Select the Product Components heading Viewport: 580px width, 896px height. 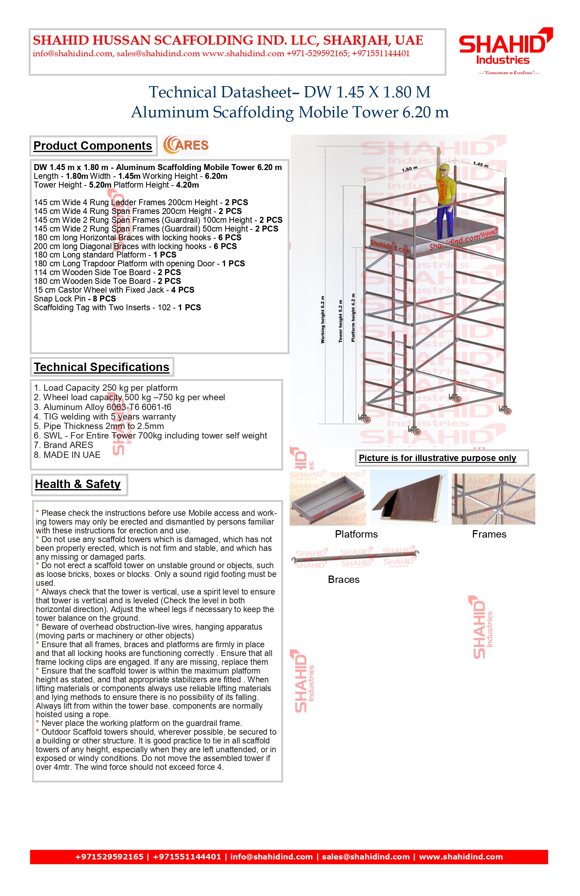(x=93, y=146)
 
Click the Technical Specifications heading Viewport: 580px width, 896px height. (x=102, y=367)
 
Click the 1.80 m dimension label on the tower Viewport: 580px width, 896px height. (x=410, y=169)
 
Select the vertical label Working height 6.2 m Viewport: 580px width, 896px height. (x=322, y=320)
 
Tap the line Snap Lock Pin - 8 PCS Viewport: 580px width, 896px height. (x=75, y=299)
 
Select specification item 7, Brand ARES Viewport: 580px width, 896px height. (x=63, y=446)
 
